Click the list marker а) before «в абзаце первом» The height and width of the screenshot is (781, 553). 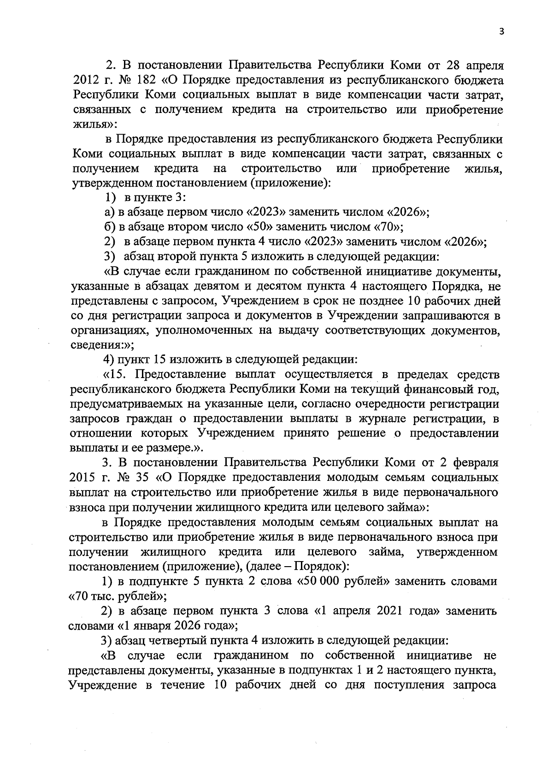point(109,212)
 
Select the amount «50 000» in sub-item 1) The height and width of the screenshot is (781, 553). point(321,581)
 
